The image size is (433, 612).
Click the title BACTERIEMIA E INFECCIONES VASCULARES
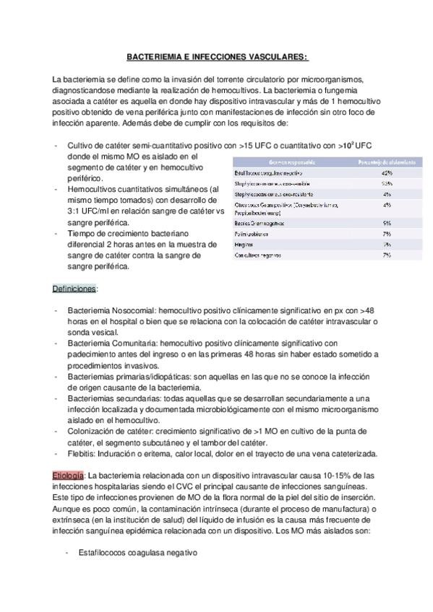pos(216,56)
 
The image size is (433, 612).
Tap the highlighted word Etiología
pos(67,476)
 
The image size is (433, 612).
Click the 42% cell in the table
pos(387,173)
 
